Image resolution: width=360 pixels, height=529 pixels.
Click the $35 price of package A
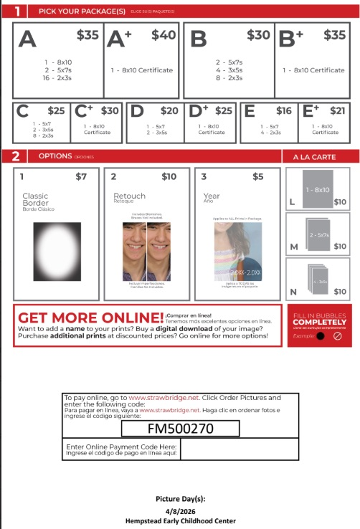tap(87, 35)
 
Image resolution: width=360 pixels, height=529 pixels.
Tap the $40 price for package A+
tap(164, 35)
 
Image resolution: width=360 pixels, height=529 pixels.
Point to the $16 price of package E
tap(284, 110)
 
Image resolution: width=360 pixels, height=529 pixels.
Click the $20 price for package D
tap(169, 110)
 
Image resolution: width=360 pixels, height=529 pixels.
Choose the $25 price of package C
tap(56, 110)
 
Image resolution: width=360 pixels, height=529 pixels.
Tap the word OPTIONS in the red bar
tap(55, 156)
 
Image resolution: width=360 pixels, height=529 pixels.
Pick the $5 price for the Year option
tap(258, 176)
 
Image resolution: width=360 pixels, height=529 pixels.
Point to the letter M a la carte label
tap(293, 247)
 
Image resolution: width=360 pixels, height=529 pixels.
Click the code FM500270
tap(179, 429)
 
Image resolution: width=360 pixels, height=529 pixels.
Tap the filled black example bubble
tap(320, 335)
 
